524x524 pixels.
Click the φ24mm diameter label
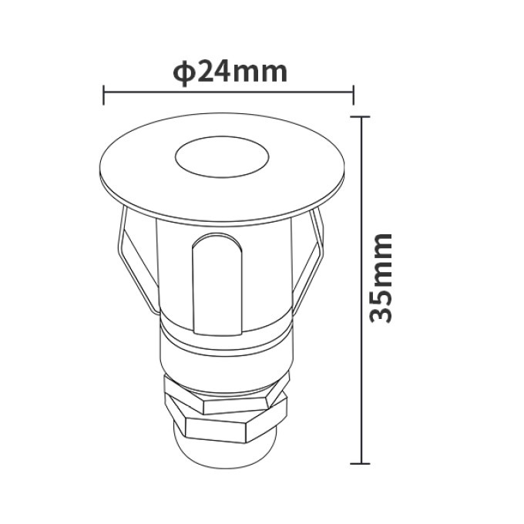pyautogui.click(x=230, y=72)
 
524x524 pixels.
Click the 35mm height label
pyautogui.click(x=381, y=278)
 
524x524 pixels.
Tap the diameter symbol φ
pyautogui.click(x=183, y=73)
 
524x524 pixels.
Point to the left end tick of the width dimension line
pyautogui.click(x=103, y=96)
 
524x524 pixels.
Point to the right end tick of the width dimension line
pyautogui.click(x=353, y=95)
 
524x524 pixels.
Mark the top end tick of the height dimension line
pyautogui.click(x=361, y=116)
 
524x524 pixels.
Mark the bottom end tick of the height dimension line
pyautogui.click(x=361, y=464)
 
